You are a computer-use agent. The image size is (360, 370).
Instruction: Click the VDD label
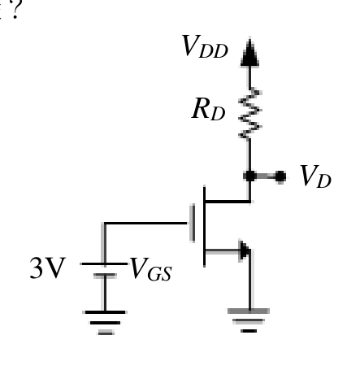205,46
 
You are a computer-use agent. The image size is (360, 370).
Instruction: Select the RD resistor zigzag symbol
249,113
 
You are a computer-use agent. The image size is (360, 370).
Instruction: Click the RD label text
208,109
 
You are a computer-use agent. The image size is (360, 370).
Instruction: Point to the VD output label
316,176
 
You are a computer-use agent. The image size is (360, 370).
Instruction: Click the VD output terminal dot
280,176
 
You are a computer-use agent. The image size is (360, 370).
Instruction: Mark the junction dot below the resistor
249,176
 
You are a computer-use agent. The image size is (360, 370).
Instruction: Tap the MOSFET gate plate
193,223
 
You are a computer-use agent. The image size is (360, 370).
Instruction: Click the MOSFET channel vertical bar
204,226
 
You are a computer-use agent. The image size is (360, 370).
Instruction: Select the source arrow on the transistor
245,250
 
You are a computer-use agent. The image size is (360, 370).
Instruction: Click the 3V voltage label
48,268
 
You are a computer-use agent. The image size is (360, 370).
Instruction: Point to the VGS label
151,269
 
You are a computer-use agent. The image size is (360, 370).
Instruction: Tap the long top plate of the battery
104,263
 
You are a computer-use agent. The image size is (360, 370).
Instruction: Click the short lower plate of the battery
105,276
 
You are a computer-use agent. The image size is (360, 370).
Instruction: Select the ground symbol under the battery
105,323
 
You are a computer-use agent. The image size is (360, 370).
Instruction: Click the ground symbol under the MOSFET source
249,320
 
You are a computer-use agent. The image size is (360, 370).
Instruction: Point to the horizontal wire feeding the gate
145,223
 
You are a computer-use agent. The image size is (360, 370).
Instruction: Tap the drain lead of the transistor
228,202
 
